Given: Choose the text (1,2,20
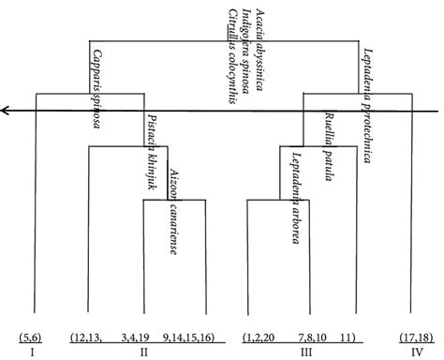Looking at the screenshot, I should click(259, 336).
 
